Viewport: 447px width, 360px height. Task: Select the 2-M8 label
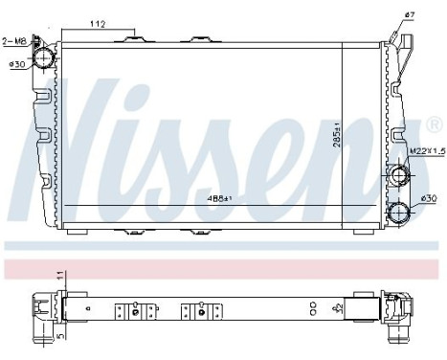(x=14, y=41)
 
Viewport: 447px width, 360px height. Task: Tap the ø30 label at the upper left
(x=15, y=64)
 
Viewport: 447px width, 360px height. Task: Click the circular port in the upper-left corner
(x=44, y=58)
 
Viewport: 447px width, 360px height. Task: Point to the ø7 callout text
(x=410, y=13)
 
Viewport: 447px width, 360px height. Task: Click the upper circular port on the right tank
(x=395, y=177)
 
